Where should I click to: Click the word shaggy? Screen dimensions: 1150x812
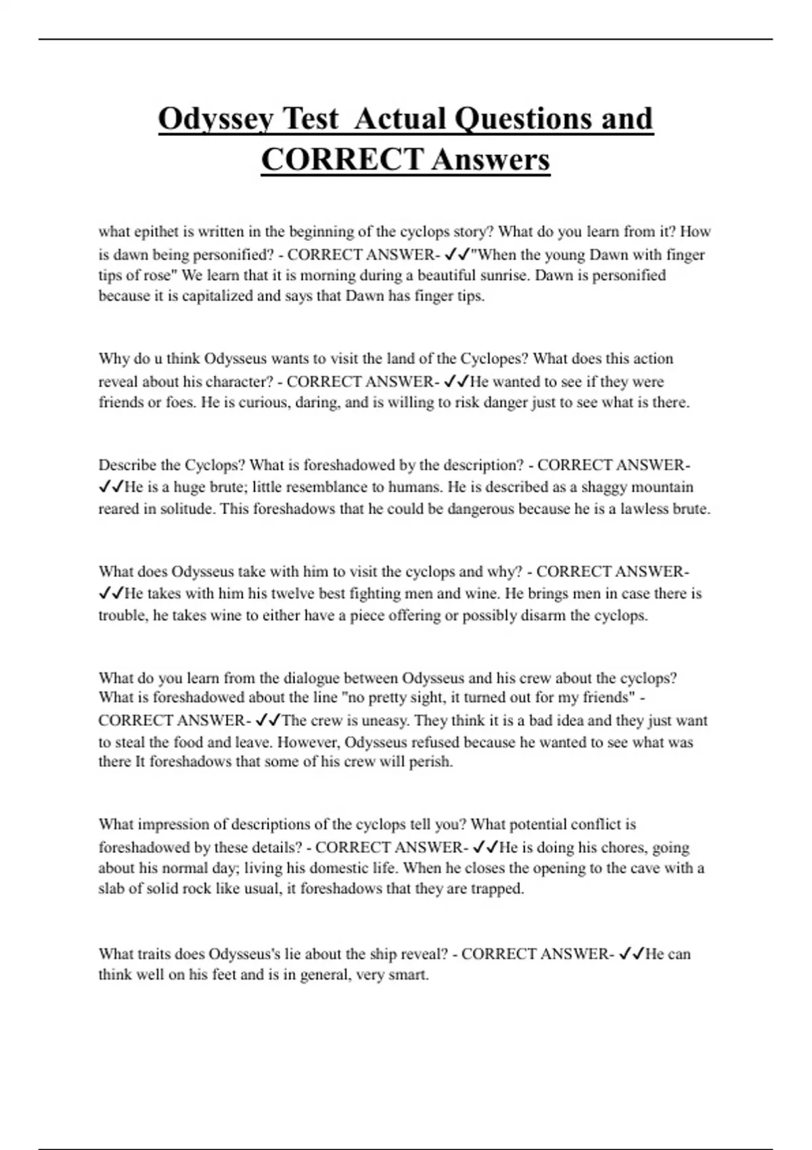[604, 487]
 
